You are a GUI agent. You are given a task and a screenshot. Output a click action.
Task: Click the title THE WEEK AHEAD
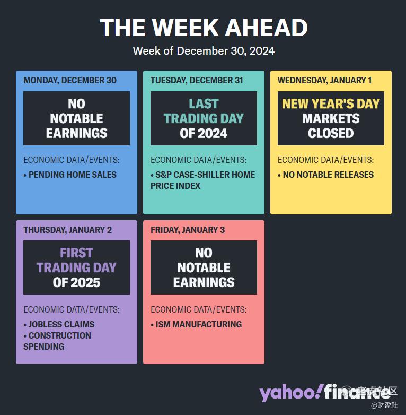click(204, 28)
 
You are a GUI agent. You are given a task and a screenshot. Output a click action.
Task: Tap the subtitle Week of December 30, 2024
click(204, 51)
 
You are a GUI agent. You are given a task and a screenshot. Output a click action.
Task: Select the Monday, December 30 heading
click(70, 80)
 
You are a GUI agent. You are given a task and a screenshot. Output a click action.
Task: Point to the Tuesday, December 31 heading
click(197, 80)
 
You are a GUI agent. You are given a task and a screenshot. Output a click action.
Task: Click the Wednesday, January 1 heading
click(324, 80)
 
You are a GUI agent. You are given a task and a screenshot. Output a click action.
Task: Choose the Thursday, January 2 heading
click(68, 230)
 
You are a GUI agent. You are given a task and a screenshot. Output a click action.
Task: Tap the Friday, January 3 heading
click(188, 230)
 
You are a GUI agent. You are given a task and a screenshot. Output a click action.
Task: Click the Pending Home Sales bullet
click(70, 175)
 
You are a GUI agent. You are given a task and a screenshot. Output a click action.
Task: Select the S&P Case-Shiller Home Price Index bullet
click(203, 180)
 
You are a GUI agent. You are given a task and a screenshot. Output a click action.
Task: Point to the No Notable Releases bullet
click(325, 175)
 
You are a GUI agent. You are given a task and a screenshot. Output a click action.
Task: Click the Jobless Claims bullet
click(59, 324)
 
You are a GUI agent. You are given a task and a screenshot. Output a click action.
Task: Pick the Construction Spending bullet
click(57, 341)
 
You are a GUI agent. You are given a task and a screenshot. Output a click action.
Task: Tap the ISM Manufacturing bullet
click(196, 324)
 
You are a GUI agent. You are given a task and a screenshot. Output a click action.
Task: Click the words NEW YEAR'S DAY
click(331, 103)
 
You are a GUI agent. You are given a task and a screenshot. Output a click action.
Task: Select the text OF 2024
click(204, 133)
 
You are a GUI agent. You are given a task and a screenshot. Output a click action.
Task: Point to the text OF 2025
click(76, 282)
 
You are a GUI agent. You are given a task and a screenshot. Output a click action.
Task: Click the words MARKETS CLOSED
click(331, 126)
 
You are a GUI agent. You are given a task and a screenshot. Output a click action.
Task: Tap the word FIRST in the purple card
click(76, 253)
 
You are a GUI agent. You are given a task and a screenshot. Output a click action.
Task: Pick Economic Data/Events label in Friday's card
click(199, 309)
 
